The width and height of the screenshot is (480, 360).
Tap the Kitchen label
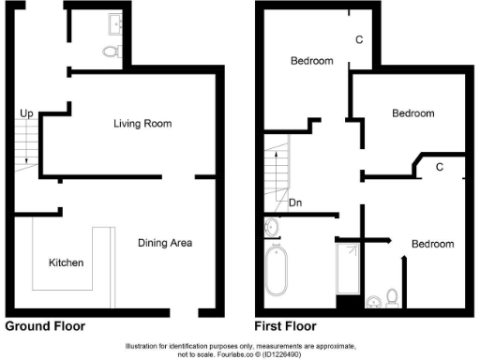[67, 262]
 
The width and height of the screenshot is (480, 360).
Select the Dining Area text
[165, 243]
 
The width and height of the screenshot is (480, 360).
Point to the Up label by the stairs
[27, 113]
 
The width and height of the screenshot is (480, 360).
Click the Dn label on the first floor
[295, 202]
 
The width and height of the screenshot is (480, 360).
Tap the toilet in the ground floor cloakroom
[111, 52]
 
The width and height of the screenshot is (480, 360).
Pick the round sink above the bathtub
[272, 227]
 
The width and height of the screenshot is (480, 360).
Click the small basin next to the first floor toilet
[373, 301]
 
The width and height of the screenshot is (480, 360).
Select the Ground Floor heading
[45, 327]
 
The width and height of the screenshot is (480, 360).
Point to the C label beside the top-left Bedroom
[359, 40]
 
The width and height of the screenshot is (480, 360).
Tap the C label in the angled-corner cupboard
[438, 167]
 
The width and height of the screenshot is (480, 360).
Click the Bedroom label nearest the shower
[432, 244]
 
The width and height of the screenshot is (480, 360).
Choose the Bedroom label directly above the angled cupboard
[412, 113]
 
